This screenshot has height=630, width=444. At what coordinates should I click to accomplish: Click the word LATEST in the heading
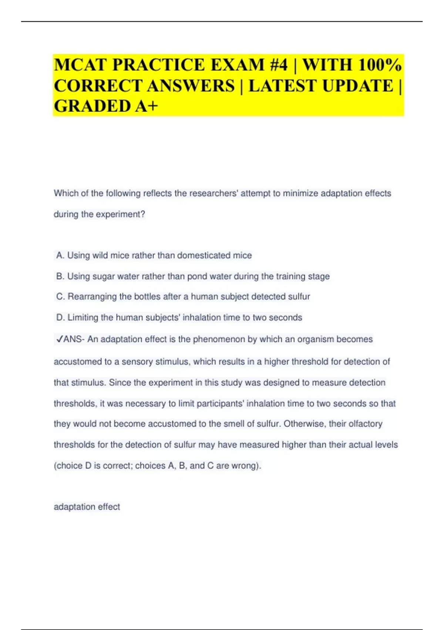(x=283, y=86)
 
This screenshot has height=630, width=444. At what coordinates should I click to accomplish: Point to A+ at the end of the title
(x=147, y=106)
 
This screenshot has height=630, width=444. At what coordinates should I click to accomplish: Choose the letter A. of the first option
(x=60, y=255)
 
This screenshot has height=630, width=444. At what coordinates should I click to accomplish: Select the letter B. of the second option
(x=60, y=276)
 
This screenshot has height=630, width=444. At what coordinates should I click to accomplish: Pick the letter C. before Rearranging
(x=61, y=296)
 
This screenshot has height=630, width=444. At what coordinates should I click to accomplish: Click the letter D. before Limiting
(x=61, y=318)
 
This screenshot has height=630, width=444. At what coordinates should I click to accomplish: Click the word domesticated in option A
(x=203, y=255)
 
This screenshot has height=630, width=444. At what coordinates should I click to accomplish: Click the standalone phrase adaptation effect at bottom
(x=87, y=507)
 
